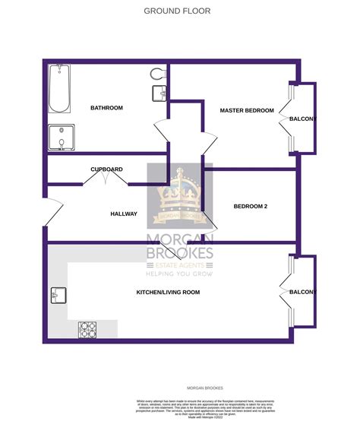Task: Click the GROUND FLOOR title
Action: pyautogui.click(x=177, y=11)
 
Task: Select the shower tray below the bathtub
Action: pyautogui.click(x=60, y=138)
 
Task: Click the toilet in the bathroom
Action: pyautogui.click(x=158, y=74)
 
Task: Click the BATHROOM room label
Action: pyautogui.click(x=106, y=108)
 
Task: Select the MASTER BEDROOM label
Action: pyautogui.click(x=246, y=111)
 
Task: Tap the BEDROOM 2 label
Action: pyautogui.click(x=250, y=207)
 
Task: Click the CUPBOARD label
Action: pyautogui.click(x=106, y=169)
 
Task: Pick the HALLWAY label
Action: pyautogui.click(x=123, y=214)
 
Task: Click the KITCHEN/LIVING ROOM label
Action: pyautogui.click(x=168, y=293)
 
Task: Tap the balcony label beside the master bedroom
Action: pyautogui.click(x=302, y=119)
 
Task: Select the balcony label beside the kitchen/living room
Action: pyautogui.click(x=302, y=293)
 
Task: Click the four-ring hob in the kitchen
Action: pyautogui.click(x=88, y=330)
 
